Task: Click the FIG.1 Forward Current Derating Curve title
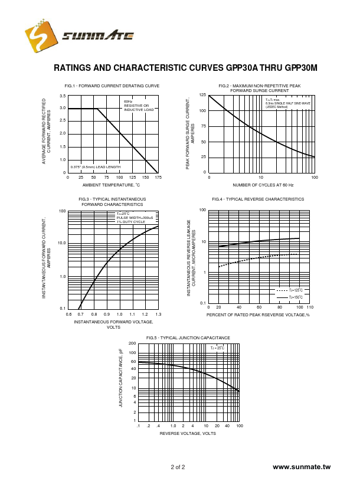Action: (112, 86)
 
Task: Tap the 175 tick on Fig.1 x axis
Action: (158, 177)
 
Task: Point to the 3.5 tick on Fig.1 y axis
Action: (63, 96)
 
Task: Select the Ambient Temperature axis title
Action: (112, 185)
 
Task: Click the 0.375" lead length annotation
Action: (95, 167)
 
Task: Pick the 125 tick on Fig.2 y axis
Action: (202, 95)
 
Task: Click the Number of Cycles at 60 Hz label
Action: (263, 185)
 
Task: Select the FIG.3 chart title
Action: (112, 202)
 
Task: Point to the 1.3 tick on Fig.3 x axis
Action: (158, 314)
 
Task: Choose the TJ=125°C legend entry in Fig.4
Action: (290, 290)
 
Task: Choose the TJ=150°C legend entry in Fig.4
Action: (290, 297)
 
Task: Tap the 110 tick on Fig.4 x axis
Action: (310, 307)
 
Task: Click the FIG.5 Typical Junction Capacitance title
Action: (188, 338)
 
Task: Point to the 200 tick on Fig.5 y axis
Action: (133, 343)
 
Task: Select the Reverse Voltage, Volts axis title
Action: (188, 434)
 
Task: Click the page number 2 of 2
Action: (178, 467)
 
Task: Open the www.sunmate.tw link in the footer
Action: (302, 467)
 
